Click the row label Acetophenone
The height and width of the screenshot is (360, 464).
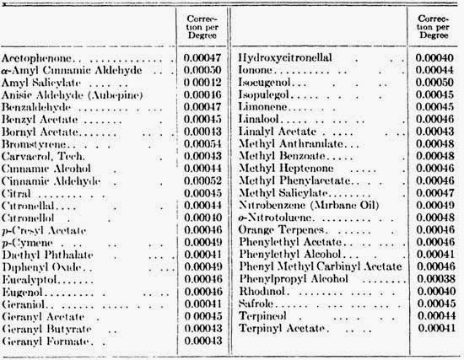pyautogui.click(x=34, y=57)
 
